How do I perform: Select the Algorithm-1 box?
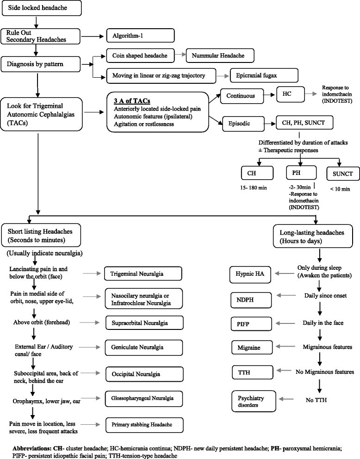point(140,35)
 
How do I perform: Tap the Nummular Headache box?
point(221,56)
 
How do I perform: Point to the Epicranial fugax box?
point(265,75)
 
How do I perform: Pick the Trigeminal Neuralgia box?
point(141,274)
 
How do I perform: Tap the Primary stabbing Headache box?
point(144,424)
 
